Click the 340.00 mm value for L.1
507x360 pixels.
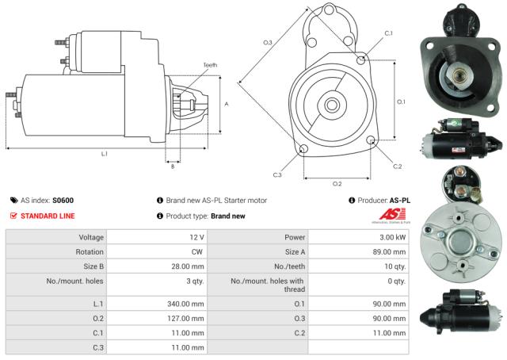pos(187,303)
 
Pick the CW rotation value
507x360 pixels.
pos(196,253)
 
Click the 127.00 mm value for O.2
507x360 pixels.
pos(187,318)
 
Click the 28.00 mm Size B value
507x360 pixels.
pos(189,268)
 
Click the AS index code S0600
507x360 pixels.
pos(63,201)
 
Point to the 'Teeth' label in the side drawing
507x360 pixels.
pos(210,64)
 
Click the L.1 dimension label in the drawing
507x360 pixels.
pos(104,153)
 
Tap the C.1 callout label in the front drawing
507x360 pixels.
pos(388,33)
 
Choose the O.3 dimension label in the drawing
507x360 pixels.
pos(268,42)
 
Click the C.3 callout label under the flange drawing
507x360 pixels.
pos(277,174)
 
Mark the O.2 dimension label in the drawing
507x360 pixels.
pos(337,183)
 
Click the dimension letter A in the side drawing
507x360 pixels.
pos(227,104)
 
